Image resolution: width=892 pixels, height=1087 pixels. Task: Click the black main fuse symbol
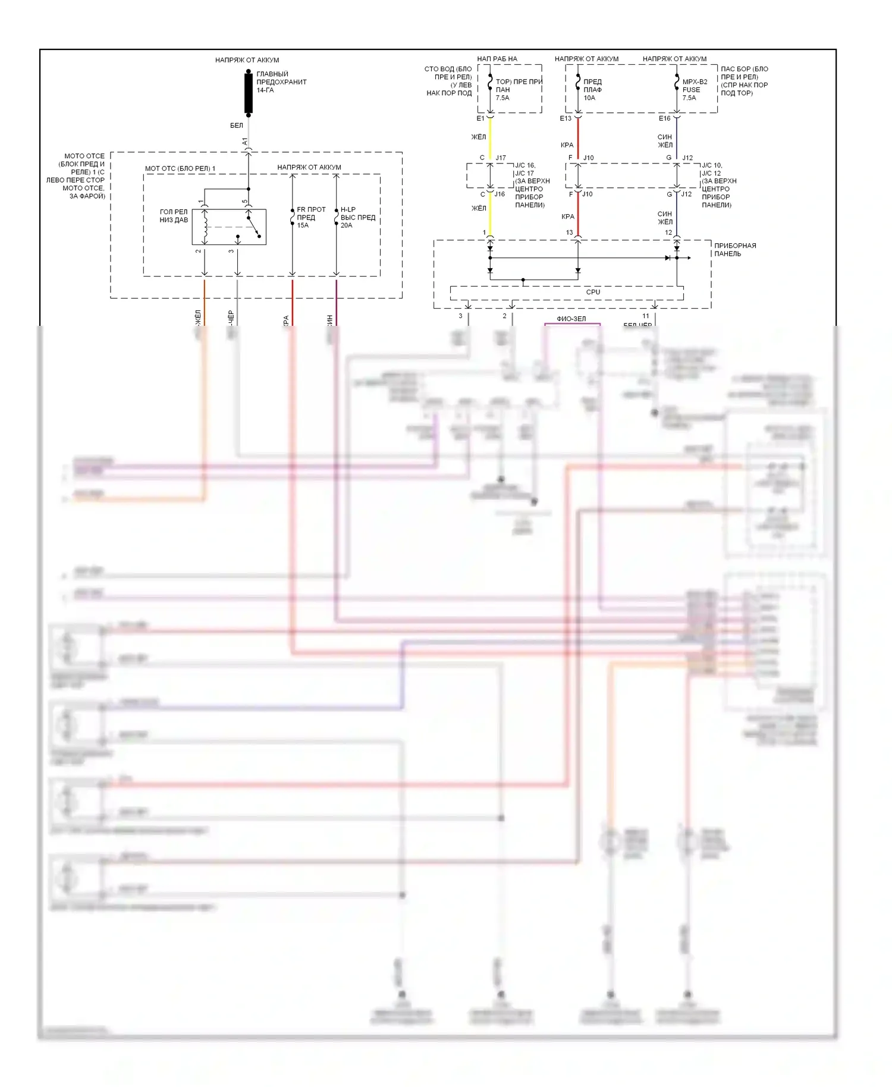coord(249,92)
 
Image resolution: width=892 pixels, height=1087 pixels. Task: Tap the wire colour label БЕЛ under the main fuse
coord(237,125)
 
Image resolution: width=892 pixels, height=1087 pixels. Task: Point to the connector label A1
coord(245,142)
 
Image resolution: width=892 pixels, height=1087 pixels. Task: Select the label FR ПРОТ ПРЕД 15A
coord(311,218)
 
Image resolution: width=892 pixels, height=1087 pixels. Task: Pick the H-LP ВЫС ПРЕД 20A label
coord(357,218)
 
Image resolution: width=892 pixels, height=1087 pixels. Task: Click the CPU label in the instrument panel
coord(593,292)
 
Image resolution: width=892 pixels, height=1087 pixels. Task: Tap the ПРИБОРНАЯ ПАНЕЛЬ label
coord(735,250)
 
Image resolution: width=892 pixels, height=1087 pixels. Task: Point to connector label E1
coord(480,118)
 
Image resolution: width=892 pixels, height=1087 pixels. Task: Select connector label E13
coord(566,118)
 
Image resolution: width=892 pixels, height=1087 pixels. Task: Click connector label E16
coord(664,118)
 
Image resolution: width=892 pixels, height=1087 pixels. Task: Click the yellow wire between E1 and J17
coord(491,138)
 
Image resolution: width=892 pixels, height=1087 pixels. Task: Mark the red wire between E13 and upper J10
coord(578,138)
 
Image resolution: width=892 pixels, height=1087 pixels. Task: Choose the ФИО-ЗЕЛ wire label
coord(571,319)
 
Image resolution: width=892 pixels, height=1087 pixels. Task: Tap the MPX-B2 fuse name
coord(695,82)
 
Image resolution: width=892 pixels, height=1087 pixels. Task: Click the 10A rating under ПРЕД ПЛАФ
coord(589,98)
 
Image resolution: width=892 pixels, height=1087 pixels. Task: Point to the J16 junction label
coord(500,194)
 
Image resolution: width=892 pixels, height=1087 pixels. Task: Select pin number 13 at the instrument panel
coord(570,233)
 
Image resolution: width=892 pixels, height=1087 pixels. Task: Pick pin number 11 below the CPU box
coord(646,316)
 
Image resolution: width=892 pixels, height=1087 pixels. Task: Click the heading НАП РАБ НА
coord(497,59)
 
